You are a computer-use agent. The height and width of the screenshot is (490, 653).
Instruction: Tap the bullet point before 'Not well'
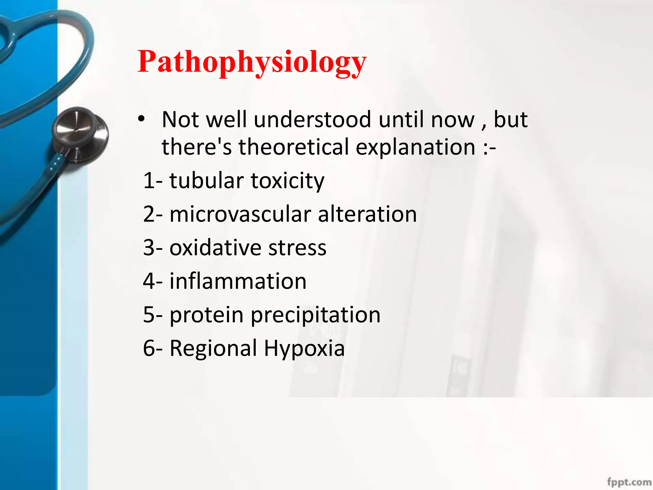point(141,119)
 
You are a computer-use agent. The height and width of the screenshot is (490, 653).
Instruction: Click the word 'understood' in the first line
point(312,119)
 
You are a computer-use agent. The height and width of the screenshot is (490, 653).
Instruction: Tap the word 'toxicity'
point(288,181)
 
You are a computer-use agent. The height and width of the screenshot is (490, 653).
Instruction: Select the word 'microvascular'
point(240,214)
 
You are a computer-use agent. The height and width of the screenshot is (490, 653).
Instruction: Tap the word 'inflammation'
point(238,281)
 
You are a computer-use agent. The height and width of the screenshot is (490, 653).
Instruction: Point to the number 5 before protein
point(149,315)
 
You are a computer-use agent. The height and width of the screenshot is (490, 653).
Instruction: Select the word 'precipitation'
point(316,315)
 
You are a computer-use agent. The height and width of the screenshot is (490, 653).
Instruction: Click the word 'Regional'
point(213,348)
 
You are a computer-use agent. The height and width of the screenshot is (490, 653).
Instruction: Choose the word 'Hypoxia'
point(304,348)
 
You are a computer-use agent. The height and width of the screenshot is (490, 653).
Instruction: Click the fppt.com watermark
point(629,482)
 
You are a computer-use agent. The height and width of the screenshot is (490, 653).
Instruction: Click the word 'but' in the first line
point(510,119)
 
